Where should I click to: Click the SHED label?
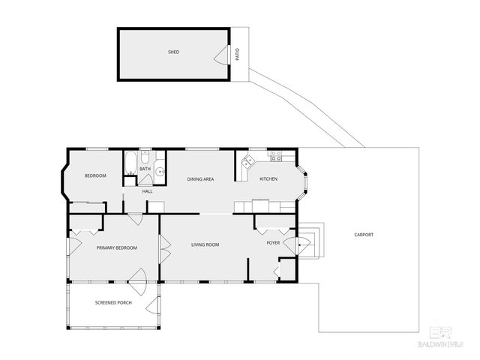pyautogui.click(x=173, y=52)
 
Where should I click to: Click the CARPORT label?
pyautogui.click(x=364, y=235)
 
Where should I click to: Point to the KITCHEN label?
pyautogui.click(x=268, y=178)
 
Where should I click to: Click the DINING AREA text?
pyautogui.click(x=200, y=178)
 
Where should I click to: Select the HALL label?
pyautogui.click(x=147, y=191)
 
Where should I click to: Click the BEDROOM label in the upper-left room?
pyautogui.click(x=95, y=175)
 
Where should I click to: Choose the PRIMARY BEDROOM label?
pyautogui.click(x=116, y=247)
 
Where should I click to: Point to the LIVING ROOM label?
pyautogui.click(x=204, y=244)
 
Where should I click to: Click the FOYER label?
pyautogui.click(x=273, y=243)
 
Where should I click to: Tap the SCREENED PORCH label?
pyautogui.click(x=113, y=303)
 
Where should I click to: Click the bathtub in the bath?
pyautogui.click(x=130, y=161)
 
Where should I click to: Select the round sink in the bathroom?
pyautogui.click(x=160, y=172)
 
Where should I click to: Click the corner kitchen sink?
pyautogui.click(x=247, y=161)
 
